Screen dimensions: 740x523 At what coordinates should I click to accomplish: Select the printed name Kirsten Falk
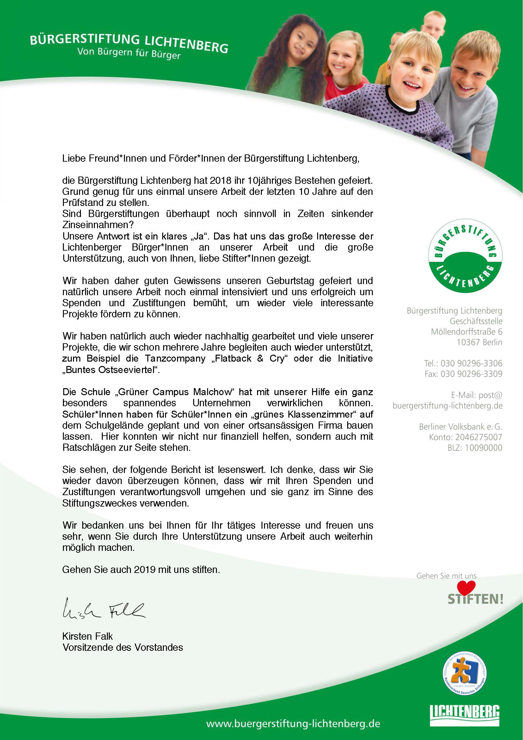88,636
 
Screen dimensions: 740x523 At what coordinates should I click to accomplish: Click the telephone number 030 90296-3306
471,364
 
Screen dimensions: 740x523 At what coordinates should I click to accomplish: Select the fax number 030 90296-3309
471,374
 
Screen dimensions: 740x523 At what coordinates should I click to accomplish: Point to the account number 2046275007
479,437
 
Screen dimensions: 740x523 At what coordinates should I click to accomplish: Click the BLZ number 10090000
483,448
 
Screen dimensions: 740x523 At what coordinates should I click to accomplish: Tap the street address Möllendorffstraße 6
466,332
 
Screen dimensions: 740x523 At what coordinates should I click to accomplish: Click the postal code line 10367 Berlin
479,342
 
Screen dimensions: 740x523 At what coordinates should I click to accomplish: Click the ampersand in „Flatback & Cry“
260,358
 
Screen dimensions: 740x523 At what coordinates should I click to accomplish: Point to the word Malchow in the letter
212,392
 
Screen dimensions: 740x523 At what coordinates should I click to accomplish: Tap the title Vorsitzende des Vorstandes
123,648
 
